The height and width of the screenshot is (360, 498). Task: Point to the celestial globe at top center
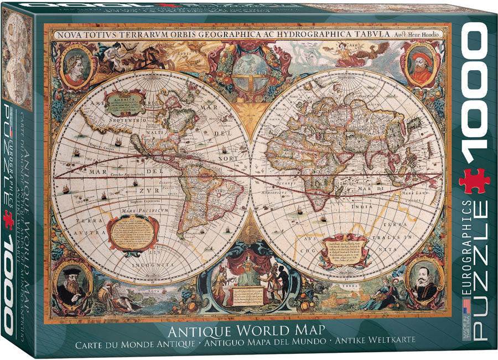click(x=248, y=72)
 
